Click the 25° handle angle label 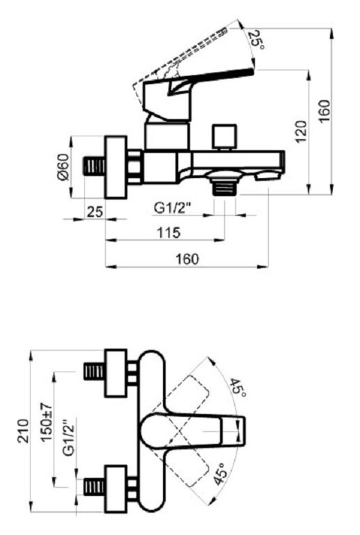tap(256, 40)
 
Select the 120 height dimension tap(301, 132)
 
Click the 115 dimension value tap(168, 233)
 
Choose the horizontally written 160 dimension tap(187, 259)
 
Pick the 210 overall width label tap(24, 431)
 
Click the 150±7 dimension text tap(47, 422)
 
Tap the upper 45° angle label tap(238, 387)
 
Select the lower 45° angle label tap(221, 474)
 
